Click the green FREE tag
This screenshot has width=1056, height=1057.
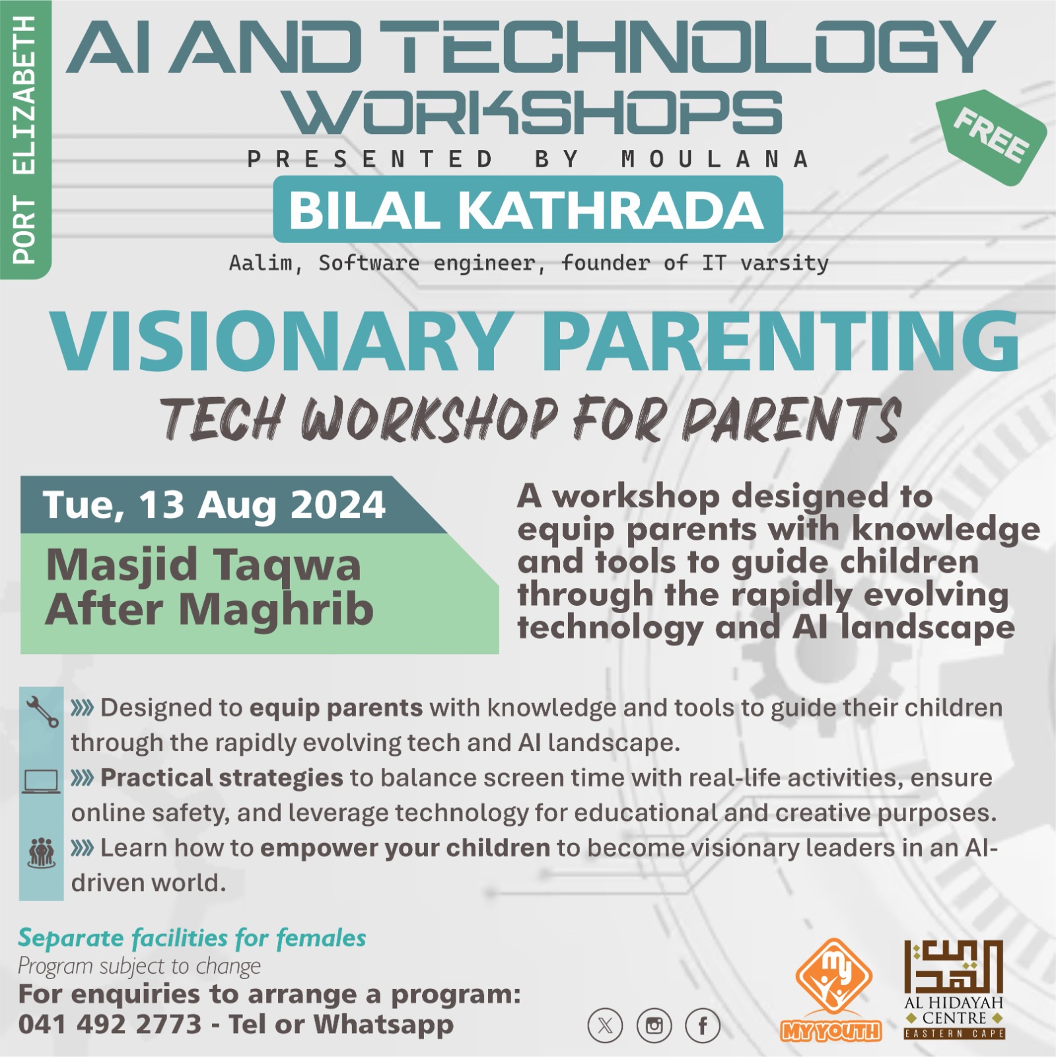tap(991, 137)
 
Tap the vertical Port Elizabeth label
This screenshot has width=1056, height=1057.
tap(24, 139)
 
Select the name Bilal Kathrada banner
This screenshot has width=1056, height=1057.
tap(528, 209)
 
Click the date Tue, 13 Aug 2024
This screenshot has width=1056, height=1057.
tap(214, 505)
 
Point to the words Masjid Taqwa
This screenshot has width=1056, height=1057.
tap(203, 565)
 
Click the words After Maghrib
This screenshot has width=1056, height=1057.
tap(209, 608)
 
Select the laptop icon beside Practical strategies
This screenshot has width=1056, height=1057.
tap(41, 782)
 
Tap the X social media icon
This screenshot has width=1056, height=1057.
tap(605, 1026)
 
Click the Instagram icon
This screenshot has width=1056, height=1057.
tap(654, 1026)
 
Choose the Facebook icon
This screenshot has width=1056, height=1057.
tap(703, 1026)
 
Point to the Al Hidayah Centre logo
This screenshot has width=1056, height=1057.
tap(954, 989)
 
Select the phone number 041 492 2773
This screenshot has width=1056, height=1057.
tap(110, 1025)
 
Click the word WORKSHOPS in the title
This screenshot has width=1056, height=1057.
tap(535, 112)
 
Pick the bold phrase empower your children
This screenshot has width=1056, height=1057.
tap(405, 848)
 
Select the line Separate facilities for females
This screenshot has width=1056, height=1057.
tap(192, 938)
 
